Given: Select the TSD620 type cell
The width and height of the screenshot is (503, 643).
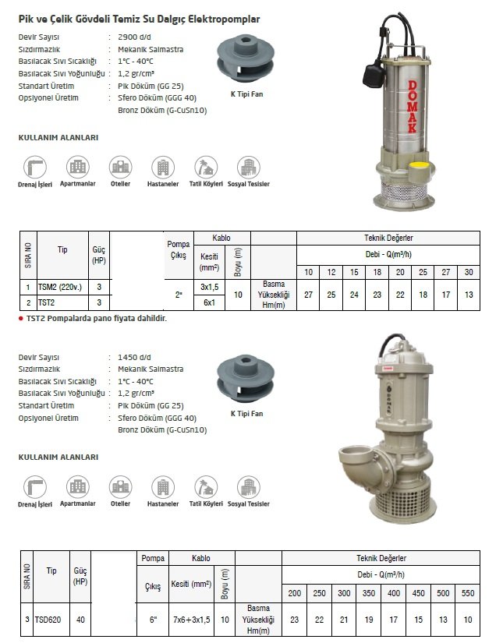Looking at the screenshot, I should pyautogui.click(x=51, y=620).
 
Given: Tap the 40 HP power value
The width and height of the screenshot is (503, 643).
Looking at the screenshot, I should pyautogui.click(x=80, y=620).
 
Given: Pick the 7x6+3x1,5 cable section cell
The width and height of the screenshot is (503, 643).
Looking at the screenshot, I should pyautogui.click(x=191, y=620).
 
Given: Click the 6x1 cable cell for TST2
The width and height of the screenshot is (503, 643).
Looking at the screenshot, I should pyautogui.click(x=208, y=302).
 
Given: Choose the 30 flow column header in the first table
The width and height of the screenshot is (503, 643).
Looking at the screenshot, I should pyautogui.click(x=468, y=271).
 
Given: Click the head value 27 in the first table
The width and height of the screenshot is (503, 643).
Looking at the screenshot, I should pyautogui.click(x=308, y=295).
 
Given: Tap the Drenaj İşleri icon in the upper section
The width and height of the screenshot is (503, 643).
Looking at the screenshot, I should pyautogui.click(x=34, y=168).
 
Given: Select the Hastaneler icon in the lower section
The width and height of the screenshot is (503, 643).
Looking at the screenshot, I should pyautogui.click(x=162, y=488).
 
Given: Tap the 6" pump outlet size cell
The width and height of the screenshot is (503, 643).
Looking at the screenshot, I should pyautogui.click(x=152, y=620).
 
